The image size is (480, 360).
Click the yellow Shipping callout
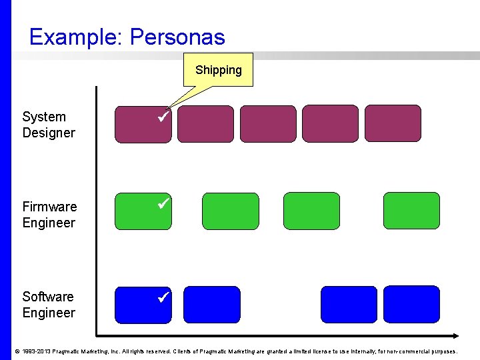coord(218,70)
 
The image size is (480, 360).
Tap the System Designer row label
coord(49,125)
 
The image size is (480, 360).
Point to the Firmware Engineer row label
coord(49,215)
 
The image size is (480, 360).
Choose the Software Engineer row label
coord(49,305)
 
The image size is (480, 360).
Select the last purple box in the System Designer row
coord(393,124)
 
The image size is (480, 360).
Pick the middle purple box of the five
coord(267,124)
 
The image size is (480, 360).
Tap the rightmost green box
coord(411,211)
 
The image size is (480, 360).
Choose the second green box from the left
coord(230,211)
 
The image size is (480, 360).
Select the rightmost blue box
coord(411,304)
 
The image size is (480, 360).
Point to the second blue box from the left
coord(211,304)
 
